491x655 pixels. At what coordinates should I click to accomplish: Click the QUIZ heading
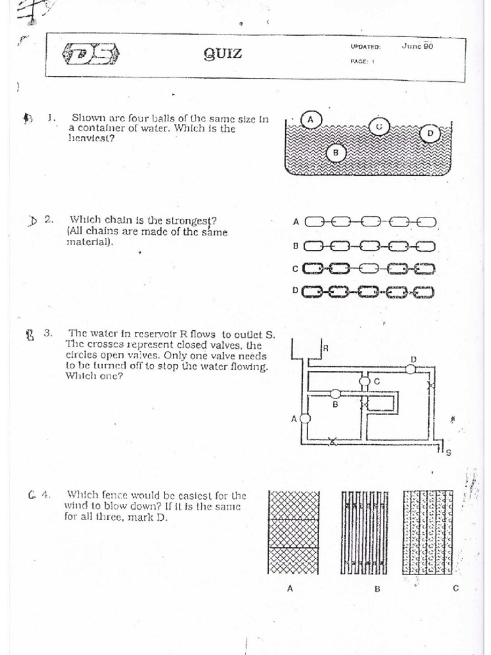coord(222,54)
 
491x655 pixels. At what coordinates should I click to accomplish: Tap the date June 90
coord(417,46)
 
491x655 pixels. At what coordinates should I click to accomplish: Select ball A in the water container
coord(311,120)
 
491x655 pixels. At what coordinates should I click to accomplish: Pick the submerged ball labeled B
coord(336,152)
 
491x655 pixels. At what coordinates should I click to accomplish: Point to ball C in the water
coord(379,127)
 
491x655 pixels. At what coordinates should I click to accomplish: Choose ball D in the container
coord(430,133)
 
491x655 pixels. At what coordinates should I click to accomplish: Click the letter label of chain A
coord(296,222)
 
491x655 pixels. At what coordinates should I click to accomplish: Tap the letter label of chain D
coord(295,290)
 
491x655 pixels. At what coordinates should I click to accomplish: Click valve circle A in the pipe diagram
coord(305,418)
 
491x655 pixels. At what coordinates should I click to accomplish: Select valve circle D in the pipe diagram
coord(410,368)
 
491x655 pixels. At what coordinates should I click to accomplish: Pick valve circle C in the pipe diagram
coord(364,381)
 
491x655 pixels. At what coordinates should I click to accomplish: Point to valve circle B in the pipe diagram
coord(334,394)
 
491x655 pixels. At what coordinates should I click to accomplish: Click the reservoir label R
coord(325,349)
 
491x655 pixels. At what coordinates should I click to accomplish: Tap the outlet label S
coord(448,454)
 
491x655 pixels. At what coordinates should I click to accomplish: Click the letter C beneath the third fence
coord(456,589)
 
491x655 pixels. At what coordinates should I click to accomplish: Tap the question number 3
coord(47,333)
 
